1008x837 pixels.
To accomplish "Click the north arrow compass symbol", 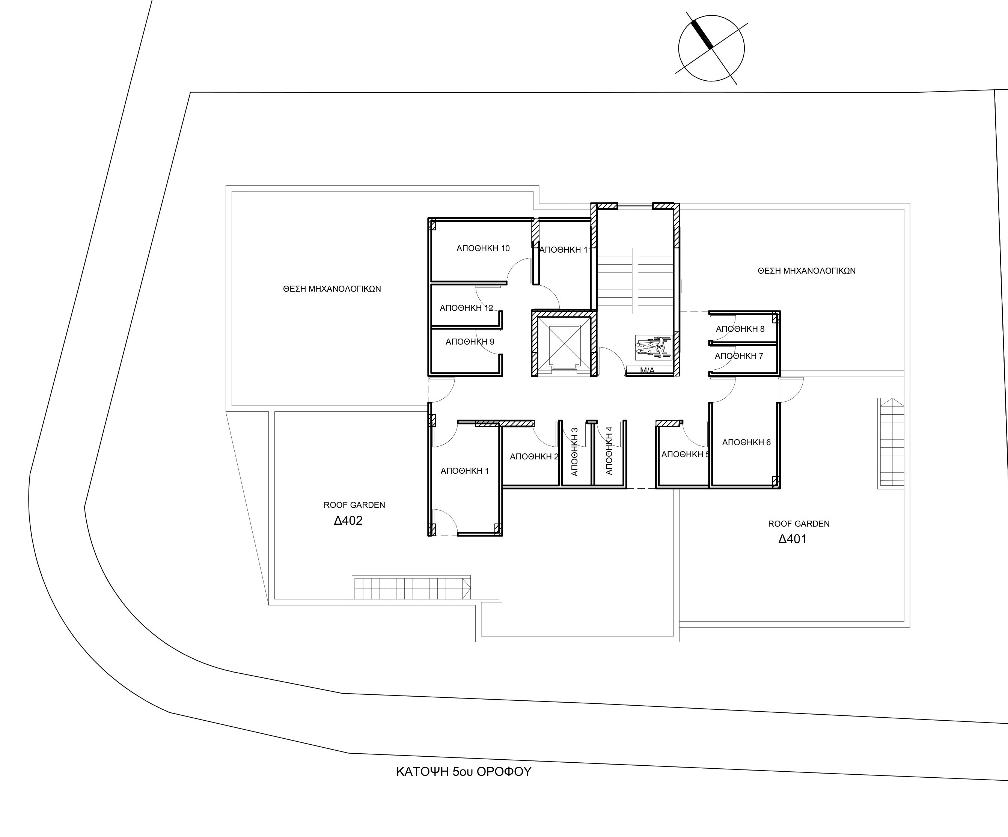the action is coord(711,48).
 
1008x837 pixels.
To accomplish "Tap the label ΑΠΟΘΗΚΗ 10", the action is coord(483,248).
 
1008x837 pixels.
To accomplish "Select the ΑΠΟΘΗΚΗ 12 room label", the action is coord(466,308).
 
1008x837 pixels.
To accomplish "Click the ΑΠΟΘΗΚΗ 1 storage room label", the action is coord(465,471).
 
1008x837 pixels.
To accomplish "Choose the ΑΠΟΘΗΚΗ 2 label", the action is coord(534,456).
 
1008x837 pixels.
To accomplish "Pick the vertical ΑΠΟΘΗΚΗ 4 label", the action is coord(609,451).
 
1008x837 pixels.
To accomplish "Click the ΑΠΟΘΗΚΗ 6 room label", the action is coord(746,442).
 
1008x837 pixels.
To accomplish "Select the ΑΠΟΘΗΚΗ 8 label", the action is coord(740,329).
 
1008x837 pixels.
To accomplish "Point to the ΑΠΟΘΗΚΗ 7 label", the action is coord(739,356).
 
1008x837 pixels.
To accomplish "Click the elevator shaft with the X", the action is coord(564,344).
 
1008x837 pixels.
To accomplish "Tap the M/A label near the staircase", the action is coord(647,370).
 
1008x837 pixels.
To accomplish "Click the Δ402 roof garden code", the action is coord(348,521).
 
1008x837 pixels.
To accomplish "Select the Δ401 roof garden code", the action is coord(793,539).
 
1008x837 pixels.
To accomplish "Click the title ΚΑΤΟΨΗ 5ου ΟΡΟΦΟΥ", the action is coord(464,772).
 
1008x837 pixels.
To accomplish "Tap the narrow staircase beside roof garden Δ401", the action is coord(891,443).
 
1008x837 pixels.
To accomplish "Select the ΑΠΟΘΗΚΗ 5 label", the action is coord(686,455).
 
